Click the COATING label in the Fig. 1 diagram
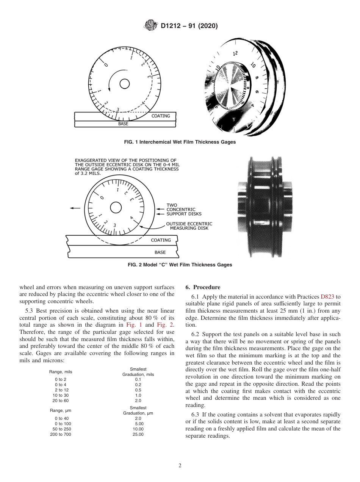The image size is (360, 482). pos(161,116)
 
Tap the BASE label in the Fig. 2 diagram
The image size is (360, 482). pos(160,252)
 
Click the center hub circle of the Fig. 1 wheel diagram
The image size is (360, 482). pos(125,84)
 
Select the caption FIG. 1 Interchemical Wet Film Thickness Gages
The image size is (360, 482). pos(180,142)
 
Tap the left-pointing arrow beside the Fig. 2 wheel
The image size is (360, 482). pos(75,208)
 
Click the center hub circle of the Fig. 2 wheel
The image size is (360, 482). pos(116,207)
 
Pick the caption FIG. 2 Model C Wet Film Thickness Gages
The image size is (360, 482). pos(180,265)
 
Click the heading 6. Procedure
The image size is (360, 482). pos(203,287)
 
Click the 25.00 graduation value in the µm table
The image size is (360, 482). pos(138,434)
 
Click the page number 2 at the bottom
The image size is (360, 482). pos(180,466)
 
